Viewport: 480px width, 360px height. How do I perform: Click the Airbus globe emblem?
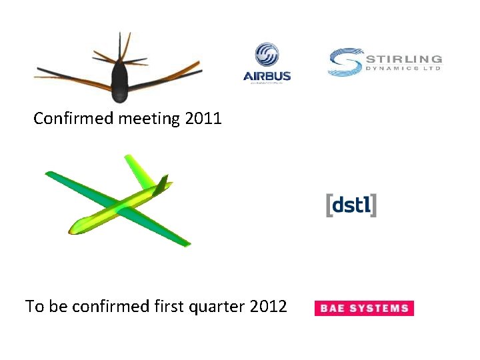pos(267,55)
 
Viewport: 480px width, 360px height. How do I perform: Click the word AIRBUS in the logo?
pos(267,75)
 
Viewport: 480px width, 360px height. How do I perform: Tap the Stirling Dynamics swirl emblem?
pos(345,62)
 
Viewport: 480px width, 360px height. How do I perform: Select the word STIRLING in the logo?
pos(403,59)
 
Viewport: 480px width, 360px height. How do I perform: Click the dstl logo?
pos(351,205)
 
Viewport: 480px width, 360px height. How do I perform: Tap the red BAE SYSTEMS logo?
pos(364,308)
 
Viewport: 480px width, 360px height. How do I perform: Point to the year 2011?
pos(203,119)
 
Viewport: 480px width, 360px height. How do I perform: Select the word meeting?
pos(149,119)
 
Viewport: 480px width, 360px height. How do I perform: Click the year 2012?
pos(268,307)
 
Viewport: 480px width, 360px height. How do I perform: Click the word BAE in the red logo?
pos(333,308)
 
